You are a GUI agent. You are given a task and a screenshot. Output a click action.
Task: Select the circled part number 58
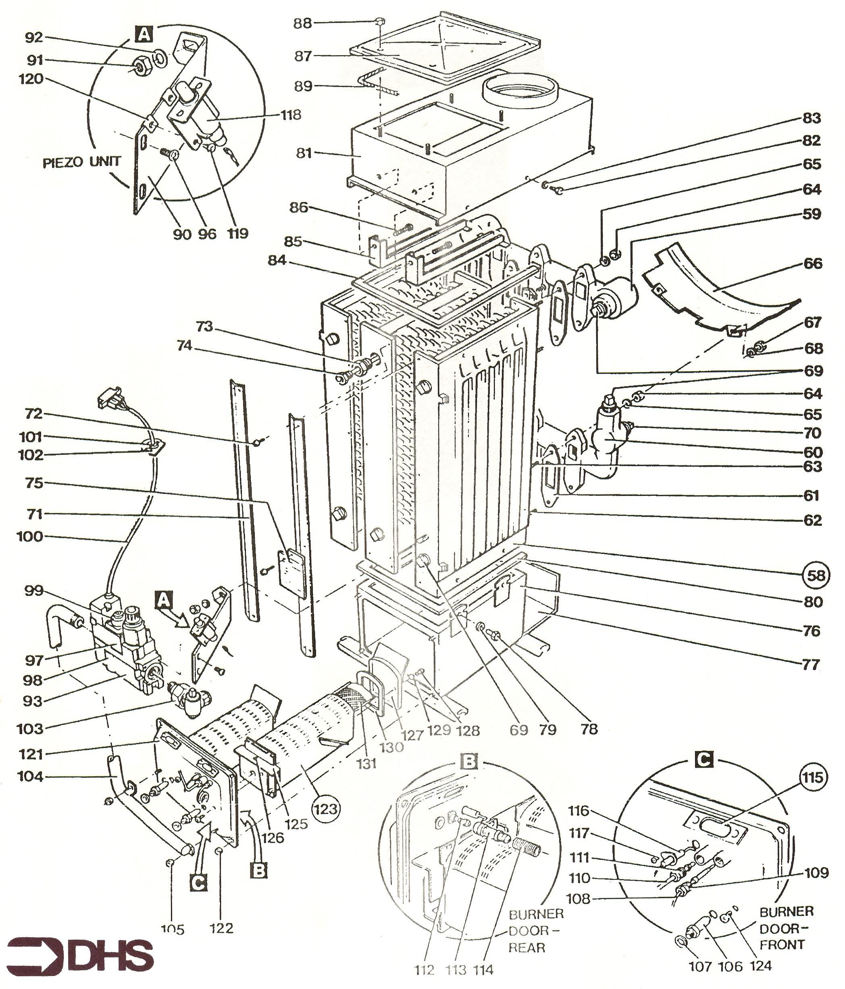(x=816, y=575)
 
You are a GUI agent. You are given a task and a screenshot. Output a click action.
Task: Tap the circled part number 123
(x=326, y=809)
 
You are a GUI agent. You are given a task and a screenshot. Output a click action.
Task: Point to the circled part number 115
(x=812, y=778)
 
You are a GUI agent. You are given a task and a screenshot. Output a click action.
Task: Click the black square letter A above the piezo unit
(x=144, y=34)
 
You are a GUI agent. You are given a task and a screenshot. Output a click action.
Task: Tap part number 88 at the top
(x=302, y=23)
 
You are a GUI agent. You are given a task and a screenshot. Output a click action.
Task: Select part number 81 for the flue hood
(x=304, y=153)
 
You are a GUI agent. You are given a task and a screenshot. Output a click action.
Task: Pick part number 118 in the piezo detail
(x=291, y=115)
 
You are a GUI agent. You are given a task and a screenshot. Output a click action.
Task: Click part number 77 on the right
(x=811, y=664)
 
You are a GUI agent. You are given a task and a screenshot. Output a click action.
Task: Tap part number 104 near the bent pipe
(x=30, y=777)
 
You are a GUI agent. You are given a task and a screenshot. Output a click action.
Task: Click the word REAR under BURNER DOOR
(x=527, y=947)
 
